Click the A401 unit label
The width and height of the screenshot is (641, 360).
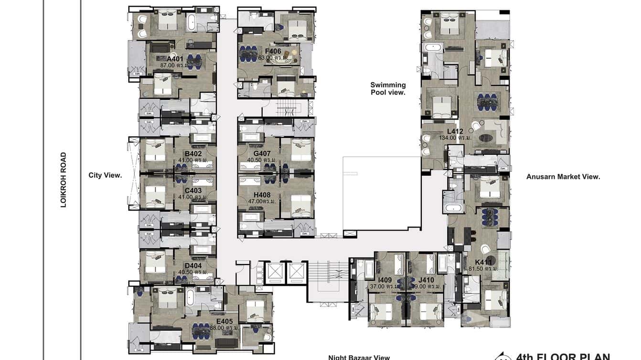click(162, 59)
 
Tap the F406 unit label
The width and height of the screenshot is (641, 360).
click(273, 51)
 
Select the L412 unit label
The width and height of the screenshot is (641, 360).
click(455, 131)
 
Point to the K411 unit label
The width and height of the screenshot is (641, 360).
click(483, 262)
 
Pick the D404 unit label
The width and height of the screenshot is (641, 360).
click(193, 265)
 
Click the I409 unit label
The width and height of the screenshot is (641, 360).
click(385, 280)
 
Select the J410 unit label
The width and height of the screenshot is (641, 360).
click(426, 280)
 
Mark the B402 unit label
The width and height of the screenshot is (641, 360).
click(193, 154)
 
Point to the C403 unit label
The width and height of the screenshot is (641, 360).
click(193, 191)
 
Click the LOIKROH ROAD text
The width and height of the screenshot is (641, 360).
click(63, 180)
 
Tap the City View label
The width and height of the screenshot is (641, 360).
click(105, 175)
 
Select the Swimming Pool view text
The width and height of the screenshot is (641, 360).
click(388, 89)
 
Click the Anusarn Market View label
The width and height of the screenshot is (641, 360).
click(563, 177)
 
